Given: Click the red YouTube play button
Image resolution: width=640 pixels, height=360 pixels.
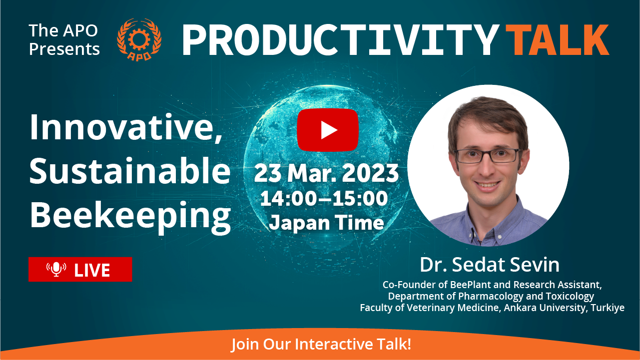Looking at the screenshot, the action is click(x=328, y=130).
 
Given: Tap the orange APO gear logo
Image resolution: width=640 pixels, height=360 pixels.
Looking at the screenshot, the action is click(x=139, y=39).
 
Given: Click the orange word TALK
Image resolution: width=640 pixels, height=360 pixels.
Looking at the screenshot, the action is click(x=558, y=39).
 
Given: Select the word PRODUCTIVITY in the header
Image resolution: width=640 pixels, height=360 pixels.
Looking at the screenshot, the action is click(x=340, y=39).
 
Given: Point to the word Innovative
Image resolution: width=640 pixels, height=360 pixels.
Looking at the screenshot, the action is click(x=126, y=127).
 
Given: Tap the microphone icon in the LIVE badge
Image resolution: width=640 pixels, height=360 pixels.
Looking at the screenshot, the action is click(x=56, y=269).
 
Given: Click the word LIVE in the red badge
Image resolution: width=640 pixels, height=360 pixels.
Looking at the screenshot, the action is click(x=92, y=270).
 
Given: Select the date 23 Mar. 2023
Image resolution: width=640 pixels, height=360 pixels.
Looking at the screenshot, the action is click(x=326, y=173).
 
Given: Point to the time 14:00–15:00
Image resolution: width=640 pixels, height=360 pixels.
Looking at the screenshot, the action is click(x=324, y=198).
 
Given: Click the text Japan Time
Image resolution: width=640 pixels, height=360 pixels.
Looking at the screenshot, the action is click(x=327, y=223).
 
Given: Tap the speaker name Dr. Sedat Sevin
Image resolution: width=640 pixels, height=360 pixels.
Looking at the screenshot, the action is click(x=490, y=264).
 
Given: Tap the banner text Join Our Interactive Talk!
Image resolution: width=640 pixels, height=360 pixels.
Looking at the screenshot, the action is click(x=321, y=344).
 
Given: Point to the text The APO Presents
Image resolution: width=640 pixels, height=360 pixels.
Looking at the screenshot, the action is click(x=64, y=39).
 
